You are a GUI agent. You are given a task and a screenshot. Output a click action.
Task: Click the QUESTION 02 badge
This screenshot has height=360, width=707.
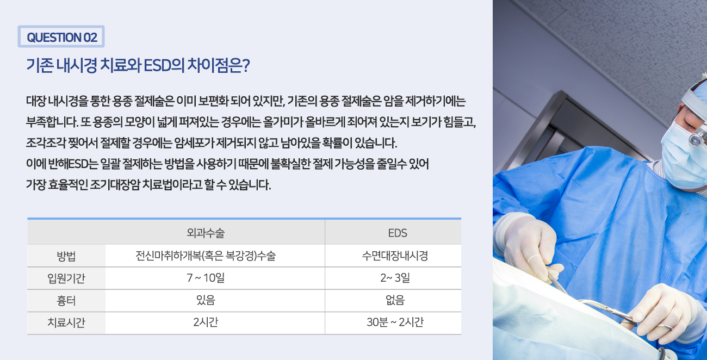(x=61, y=36)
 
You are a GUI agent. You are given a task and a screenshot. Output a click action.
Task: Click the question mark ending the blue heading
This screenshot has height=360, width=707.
(x=246, y=66)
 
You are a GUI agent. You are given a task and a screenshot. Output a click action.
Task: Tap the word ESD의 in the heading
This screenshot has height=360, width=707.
(x=164, y=66)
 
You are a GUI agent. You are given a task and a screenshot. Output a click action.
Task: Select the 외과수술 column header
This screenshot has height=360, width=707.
(x=206, y=233)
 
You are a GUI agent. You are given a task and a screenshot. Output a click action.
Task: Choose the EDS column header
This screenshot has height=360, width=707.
(x=398, y=233)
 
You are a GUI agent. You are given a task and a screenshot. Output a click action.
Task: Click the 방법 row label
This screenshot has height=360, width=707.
(x=66, y=256)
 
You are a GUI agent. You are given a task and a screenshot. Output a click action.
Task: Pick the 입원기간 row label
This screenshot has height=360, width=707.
(x=66, y=278)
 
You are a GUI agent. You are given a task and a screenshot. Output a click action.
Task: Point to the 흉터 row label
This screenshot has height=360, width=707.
(x=66, y=300)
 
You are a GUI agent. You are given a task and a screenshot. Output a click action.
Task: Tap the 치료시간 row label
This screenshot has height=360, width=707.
(x=66, y=322)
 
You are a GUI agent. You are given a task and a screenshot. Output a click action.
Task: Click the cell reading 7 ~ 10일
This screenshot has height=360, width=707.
(x=206, y=278)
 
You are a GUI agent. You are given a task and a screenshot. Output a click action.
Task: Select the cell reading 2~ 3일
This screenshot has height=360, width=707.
(x=395, y=278)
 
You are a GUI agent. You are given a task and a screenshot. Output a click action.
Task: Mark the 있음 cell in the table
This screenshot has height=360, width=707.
(x=206, y=300)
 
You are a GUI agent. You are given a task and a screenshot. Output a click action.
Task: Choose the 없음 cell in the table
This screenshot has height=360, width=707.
(x=395, y=300)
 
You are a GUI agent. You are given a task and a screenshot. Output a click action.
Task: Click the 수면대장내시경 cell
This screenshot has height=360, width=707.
(x=395, y=256)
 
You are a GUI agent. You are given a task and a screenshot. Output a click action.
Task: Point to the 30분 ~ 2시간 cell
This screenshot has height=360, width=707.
(x=395, y=322)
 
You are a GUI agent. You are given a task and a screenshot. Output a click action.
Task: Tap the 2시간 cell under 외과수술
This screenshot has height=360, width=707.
(x=206, y=322)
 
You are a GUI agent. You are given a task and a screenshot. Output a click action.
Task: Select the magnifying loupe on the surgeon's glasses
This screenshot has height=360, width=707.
(x=697, y=138)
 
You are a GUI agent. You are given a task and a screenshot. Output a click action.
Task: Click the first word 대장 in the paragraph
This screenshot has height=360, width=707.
(x=36, y=101)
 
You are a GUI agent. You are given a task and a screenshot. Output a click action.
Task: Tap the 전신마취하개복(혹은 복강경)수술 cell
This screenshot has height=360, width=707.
(x=206, y=256)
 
